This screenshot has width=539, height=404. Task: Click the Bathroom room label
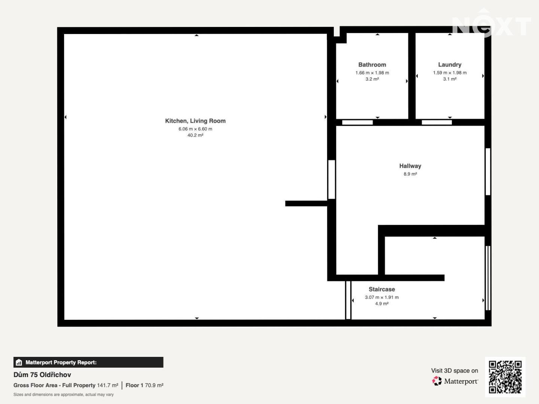click(x=372, y=65)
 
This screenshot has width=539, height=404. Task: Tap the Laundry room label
click(x=450, y=64)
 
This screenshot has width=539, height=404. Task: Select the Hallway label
click(x=410, y=166)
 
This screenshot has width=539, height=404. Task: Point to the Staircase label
click(x=381, y=289)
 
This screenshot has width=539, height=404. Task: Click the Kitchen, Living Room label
click(x=195, y=121)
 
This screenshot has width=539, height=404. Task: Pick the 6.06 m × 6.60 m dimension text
click(x=195, y=129)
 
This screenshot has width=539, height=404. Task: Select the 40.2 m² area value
click(x=195, y=135)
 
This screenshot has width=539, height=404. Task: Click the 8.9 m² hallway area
click(x=410, y=174)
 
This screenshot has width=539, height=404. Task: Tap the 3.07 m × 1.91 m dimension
click(x=381, y=297)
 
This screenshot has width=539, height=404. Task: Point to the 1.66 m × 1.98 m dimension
click(x=372, y=73)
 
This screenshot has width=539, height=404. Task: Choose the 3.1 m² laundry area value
click(x=450, y=79)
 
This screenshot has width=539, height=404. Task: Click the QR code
click(x=505, y=377)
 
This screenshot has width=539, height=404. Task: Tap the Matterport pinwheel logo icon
click(x=436, y=381)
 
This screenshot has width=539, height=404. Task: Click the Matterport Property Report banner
click(x=88, y=362)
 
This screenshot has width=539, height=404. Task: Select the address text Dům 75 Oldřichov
click(x=42, y=375)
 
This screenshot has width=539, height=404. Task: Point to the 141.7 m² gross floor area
click(x=107, y=385)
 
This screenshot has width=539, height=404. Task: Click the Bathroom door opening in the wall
click(x=357, y=122)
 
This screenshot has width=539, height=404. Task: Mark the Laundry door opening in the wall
click(x=436, y=122)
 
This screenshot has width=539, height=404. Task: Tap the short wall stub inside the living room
click(x=306, y=203)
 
